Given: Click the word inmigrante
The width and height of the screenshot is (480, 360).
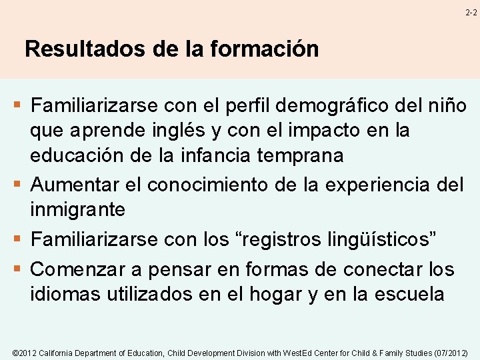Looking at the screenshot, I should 77,210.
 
